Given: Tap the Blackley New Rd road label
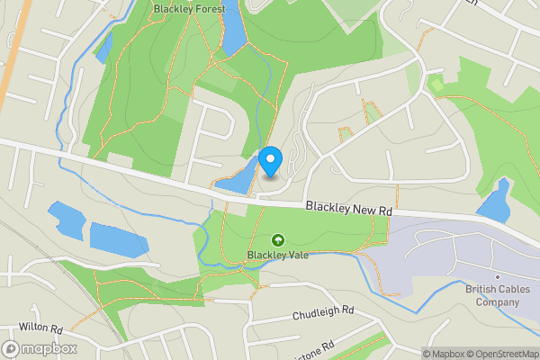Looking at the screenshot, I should [348, 208].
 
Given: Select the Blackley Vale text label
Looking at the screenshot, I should [279, 255].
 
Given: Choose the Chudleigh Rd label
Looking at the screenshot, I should [323, 313].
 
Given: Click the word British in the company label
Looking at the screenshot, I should [481, 289].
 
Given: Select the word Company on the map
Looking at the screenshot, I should [497, 302].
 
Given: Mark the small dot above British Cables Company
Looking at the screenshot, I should [497, 277].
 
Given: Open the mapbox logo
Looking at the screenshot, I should [40, 348].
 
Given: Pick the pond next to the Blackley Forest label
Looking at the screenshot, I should [233, 29].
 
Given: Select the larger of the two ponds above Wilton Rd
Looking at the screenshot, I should [118, 238].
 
